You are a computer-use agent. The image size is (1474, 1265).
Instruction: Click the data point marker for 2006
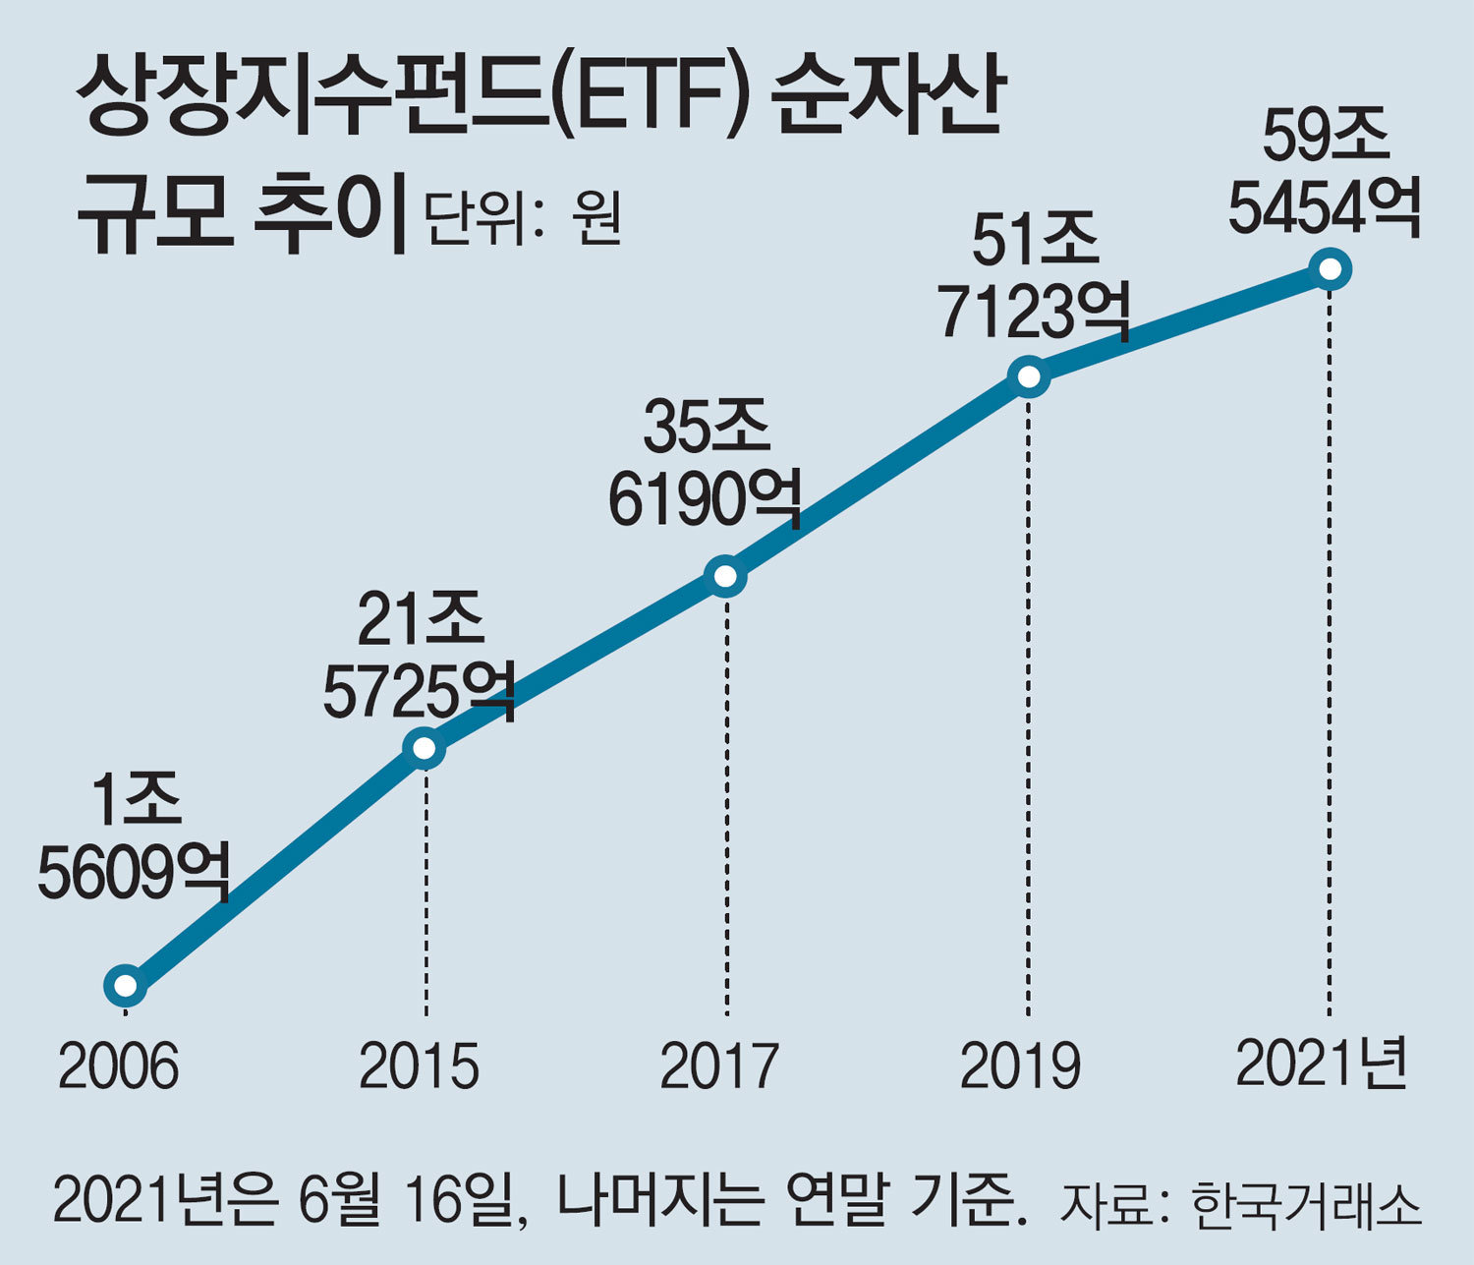tap(126, 985)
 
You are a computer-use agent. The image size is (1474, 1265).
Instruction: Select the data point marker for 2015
tap(425, 749)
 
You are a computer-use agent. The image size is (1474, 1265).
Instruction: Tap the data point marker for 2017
tap(725, 576)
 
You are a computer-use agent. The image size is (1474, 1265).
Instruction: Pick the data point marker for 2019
tap(1028, 376)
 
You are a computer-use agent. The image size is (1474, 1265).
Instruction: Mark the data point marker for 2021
tap(1331, 268)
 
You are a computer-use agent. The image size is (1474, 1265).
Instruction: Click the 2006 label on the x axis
tap(119, 1066)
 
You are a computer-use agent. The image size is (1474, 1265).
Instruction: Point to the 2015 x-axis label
tap(420, 1066)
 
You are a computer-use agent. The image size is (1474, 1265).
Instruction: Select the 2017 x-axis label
tap(720, 1066)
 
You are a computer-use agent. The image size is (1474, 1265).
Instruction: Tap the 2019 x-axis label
tap(1021, 1066)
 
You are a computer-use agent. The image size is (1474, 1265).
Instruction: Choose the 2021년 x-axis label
tap(1322, 1064)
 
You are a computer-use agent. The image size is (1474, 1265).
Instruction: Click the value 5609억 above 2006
tap(134, 872)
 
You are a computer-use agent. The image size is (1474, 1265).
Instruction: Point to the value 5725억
tap(420, 690)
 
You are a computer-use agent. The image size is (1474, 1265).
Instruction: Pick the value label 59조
tap(1327, 135)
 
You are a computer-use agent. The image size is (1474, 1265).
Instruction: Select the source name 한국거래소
tap(1307, 1204)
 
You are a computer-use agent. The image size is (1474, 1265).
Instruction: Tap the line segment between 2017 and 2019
tap(877, 477)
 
